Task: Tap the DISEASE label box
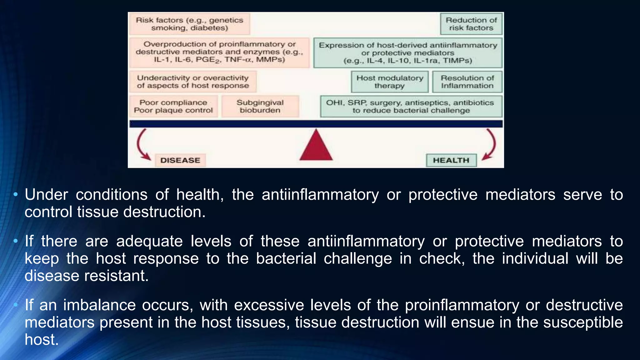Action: point(180,160)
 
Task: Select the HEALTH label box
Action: point(451,160)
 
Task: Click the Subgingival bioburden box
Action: point(260,107)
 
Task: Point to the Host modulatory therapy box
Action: point(390,82)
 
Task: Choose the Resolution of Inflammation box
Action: point(467,82)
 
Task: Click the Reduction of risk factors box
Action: point(471,24)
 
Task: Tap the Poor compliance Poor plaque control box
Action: point(173,107)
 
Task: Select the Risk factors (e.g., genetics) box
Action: point(189,24)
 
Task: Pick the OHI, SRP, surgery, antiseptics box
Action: point(411,107)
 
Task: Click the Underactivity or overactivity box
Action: point(193,82)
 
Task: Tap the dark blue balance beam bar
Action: point(316,124)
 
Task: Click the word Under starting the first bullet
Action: point(46,195)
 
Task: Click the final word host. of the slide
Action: point(42,339)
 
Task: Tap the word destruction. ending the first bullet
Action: point(164,212)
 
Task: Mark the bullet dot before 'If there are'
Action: point(16,241)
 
